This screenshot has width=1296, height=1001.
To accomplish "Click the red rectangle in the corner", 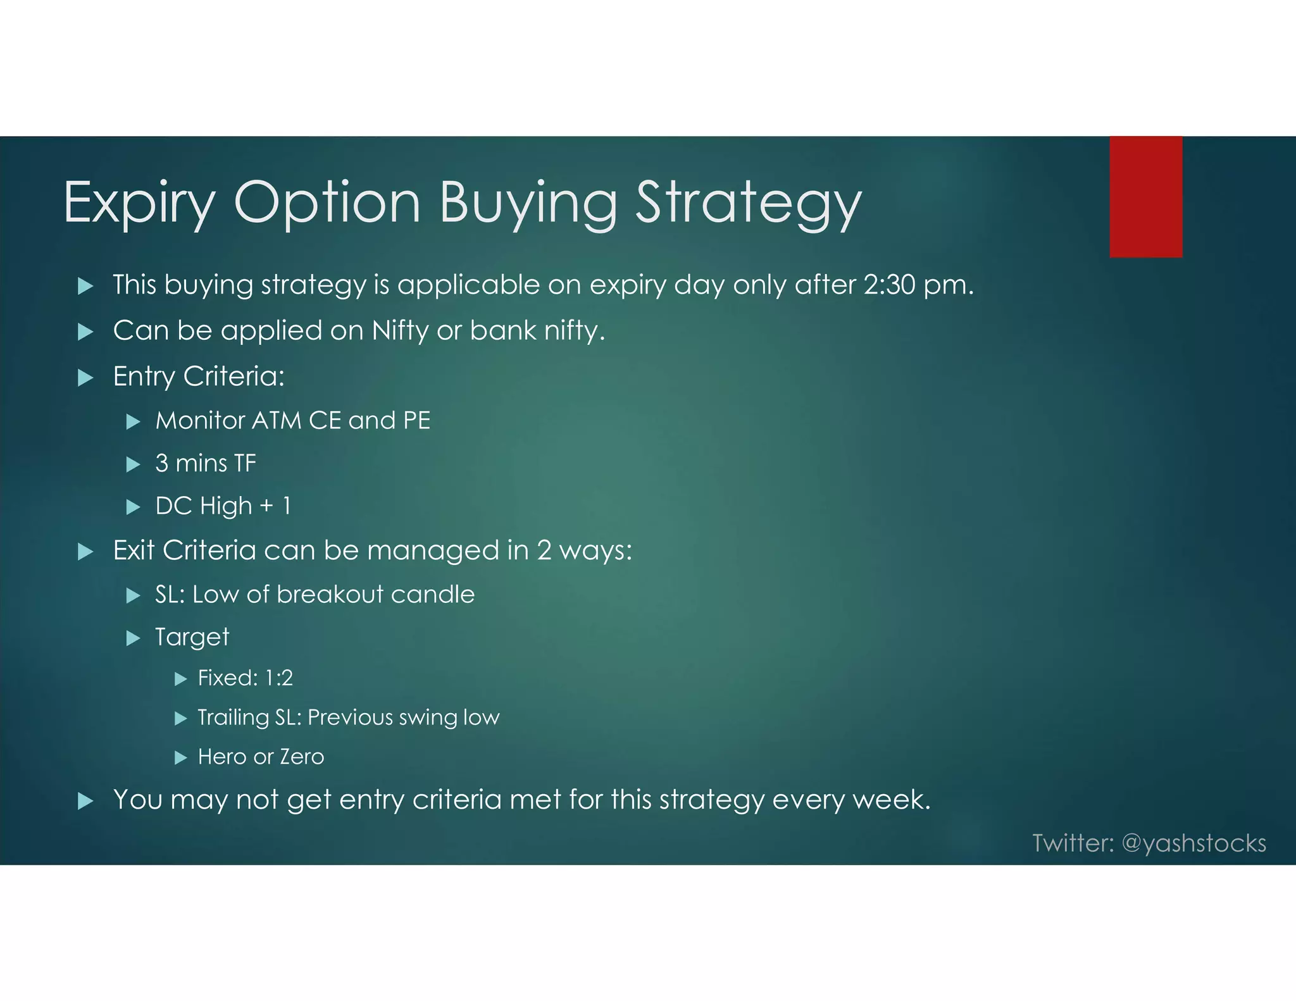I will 1145,197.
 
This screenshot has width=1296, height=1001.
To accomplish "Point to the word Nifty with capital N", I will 400,331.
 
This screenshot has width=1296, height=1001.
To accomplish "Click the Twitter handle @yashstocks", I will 1193,843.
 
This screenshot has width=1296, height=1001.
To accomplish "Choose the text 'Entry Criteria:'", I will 199,376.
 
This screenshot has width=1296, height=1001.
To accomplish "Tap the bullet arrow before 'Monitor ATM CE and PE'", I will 133,421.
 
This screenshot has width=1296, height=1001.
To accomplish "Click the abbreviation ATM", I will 277,421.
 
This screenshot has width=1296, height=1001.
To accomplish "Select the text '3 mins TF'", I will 206,464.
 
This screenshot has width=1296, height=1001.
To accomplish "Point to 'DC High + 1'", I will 223,506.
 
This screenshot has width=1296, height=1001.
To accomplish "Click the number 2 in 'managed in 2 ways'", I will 544,550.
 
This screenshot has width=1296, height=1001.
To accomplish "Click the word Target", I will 192,637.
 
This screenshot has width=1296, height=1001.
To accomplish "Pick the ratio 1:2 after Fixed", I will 278,678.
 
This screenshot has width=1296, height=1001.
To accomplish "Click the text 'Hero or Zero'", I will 261,757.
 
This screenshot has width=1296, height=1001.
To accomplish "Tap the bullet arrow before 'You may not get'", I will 85,802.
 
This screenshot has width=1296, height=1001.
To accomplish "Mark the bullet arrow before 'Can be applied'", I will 85,332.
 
